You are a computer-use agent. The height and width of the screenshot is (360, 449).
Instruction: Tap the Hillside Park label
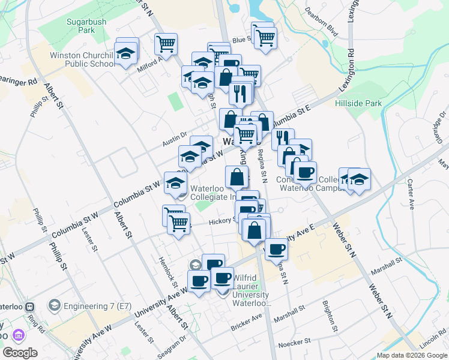[358, 103]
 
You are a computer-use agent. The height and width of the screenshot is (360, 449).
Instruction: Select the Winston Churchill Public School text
[82, 59]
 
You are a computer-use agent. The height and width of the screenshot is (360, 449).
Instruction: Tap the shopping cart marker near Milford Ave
[166, 43]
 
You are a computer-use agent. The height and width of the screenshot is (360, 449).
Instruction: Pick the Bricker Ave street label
[247, 323]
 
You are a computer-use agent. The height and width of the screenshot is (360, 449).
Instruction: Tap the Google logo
[20, 353]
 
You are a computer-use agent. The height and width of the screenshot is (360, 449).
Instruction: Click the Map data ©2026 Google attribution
[412, 355]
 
